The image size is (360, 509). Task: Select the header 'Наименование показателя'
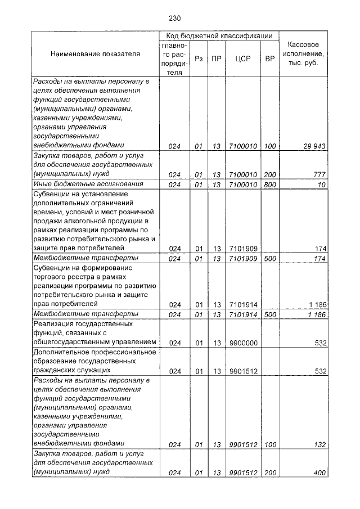(x=95, y=54)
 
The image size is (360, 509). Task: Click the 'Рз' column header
(x=199, y=58)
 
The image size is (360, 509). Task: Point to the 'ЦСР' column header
(x=243, y=58)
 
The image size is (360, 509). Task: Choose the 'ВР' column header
(x=269, y=58)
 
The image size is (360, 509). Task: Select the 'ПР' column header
(x=216, y=58)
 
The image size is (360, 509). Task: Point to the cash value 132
(x=319, y=444)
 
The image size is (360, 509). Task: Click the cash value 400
(x=319, y=473)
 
